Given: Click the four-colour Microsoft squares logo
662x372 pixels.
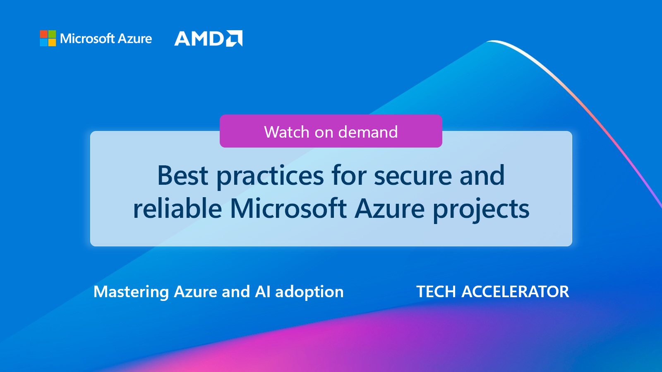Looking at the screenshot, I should (48, 38).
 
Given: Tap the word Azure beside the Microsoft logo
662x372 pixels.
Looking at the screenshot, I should (135, 39).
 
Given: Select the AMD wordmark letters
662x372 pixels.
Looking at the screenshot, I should (199, 39).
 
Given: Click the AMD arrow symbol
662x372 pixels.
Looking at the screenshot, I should (234, 38).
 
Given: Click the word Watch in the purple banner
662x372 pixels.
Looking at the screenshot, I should (287, 132).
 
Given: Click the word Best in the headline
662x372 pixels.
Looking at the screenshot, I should (182, 176).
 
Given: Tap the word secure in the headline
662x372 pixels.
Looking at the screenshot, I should (413, 176).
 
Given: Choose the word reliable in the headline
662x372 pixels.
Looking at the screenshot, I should (177, 208).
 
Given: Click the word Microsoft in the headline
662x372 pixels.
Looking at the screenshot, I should (288, 208).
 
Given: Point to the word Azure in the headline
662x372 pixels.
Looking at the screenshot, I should (390, 208).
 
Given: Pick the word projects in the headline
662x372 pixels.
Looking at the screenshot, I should (481, 209).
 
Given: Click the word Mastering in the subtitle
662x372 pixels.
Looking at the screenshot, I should (131, 292).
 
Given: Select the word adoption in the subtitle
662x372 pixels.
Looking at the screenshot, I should (309, 292).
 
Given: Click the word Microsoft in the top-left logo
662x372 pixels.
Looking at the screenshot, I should (87, 39).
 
